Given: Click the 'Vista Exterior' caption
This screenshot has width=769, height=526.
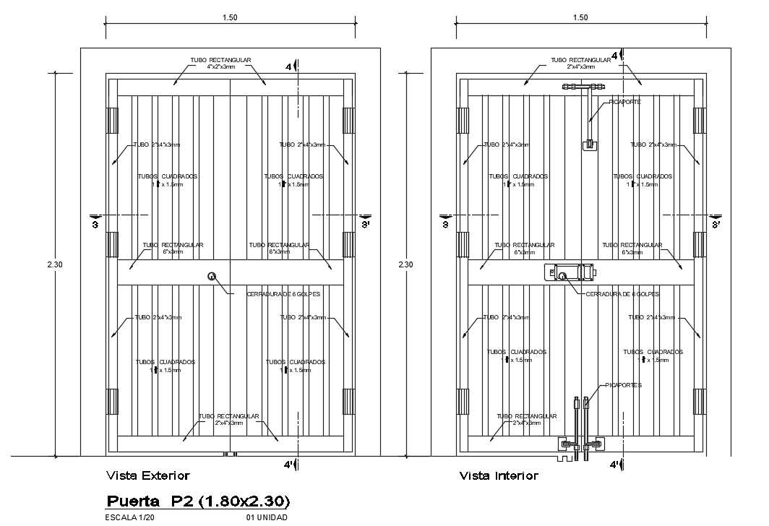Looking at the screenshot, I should [147, 475].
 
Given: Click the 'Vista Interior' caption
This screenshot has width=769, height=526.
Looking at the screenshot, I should [499, 475].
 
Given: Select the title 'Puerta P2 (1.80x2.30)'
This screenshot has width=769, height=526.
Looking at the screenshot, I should [199, 501].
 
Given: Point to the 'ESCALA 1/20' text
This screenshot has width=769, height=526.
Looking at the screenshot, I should [130, 518].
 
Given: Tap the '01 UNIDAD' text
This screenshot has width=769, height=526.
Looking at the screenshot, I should [267, 518].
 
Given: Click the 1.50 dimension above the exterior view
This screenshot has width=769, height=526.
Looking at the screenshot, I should [229, 17].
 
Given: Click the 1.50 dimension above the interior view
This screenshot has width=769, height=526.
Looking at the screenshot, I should [580, 17].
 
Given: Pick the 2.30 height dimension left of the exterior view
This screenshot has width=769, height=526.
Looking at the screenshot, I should [55, 264].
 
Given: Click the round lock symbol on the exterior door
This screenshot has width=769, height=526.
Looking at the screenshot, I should [212, 275].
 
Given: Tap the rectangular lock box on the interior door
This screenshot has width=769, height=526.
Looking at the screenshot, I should [572, 273].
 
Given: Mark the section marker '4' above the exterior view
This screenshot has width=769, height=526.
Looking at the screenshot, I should [291, 66].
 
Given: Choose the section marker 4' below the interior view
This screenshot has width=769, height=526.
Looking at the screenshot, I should [616, 464].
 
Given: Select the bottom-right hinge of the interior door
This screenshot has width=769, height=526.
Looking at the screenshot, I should [699, 401].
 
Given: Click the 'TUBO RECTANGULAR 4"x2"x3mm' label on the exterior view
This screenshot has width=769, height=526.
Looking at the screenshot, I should [220, 63].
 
